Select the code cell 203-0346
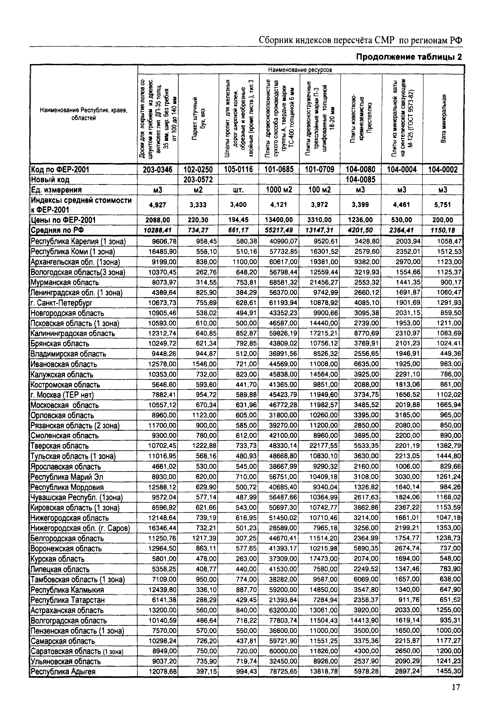click(158, 169)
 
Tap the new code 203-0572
click(198, 179)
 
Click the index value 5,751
click(443, 205)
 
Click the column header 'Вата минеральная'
click(443, 119)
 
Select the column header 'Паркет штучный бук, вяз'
click(198, 119)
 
